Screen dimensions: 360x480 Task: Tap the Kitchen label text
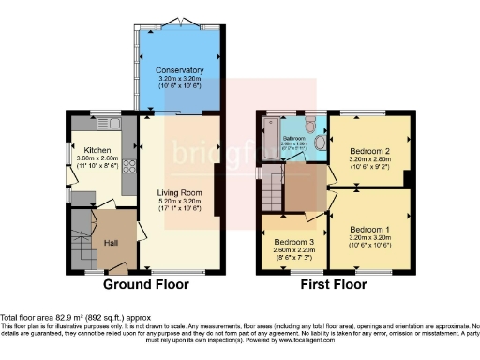coord(97,150)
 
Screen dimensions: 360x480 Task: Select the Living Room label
coord(179,193)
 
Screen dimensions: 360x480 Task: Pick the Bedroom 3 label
coord(288,240)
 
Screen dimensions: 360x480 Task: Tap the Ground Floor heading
coord(145,284)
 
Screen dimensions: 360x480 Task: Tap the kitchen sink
coord(105,122)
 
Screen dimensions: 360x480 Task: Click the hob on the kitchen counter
coord(128,167)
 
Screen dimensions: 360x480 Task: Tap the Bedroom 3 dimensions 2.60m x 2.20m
coord(288,248)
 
